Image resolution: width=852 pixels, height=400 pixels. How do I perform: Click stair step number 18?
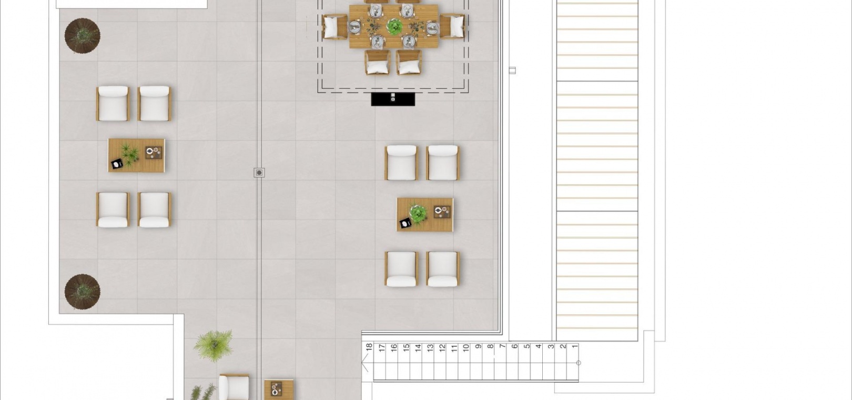pyautogui.click(x=369, y=347)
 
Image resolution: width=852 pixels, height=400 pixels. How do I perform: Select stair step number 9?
pyautogui.click(x=478, y=346)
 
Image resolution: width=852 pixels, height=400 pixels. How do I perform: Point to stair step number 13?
pyautogui.click(x=430, y=347)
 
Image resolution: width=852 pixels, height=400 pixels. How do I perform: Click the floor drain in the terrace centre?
pyautogui.click(x=259, y=173)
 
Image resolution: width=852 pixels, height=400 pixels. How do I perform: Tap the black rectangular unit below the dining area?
pyautogui.click(x=393, y=99)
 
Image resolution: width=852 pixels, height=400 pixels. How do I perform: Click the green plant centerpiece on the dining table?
pyautogui.click(x=394, y=27)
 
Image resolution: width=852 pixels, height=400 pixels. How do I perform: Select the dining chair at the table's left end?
pyautogui.click(x=335, y=27)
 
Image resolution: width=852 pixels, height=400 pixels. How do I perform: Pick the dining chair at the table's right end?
pyautogui.click(x=452, y=26)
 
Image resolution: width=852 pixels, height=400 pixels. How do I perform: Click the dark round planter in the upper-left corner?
pyautogui.click(x=82, y=36)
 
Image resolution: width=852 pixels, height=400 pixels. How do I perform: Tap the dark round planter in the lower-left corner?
pyautogui.click(x=82, y=292)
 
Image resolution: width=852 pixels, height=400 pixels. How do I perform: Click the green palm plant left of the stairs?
pyautogui.click(x=214, y=345)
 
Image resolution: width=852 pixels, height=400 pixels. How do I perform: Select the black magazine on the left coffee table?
pyautogui.click(x=117, y=164)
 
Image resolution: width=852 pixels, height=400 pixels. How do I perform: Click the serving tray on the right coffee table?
pyautogui.click(x=442, y=212)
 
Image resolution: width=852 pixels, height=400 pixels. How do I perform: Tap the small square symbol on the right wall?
pyautogui.click(x=512, y=71)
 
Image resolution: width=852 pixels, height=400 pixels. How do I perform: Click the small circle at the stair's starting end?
pyautogui.click(x=579, y=363)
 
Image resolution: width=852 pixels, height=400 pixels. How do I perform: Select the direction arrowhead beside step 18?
pyautogui.click(x=364, y=362)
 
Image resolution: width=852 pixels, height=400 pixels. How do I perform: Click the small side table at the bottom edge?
pyautogui.click(x=279, y=389)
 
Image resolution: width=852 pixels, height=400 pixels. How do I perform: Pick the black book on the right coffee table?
pyautogui.click(x=405, y=223)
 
